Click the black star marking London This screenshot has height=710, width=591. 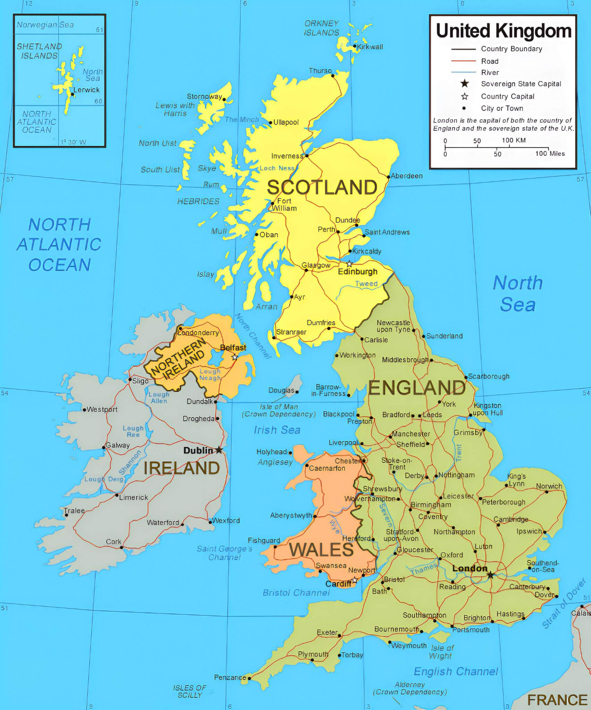(490, 575)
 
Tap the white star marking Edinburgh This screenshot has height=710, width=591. (349, 264)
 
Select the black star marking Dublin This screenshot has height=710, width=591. (219, 450)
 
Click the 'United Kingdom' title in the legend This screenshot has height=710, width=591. (504, 31)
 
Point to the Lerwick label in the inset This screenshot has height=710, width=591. (86, 90)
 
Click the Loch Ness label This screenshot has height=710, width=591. (277, 168)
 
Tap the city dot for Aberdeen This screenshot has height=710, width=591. (388, 177)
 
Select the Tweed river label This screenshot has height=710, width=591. (366, 284)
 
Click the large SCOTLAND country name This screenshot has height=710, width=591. (322, 188)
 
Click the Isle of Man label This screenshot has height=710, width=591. (279, 407)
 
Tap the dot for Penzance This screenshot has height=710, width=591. (249, 678)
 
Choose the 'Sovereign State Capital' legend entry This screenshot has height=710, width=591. (521, 84)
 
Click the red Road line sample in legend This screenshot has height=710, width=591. (463, 61)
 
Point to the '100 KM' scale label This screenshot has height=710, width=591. (513, 140)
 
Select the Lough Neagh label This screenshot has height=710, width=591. (210, 374)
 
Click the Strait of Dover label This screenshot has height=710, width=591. (564, 603)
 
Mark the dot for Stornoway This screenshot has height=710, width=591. (224, 99)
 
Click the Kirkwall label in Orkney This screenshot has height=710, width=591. (370, 47)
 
